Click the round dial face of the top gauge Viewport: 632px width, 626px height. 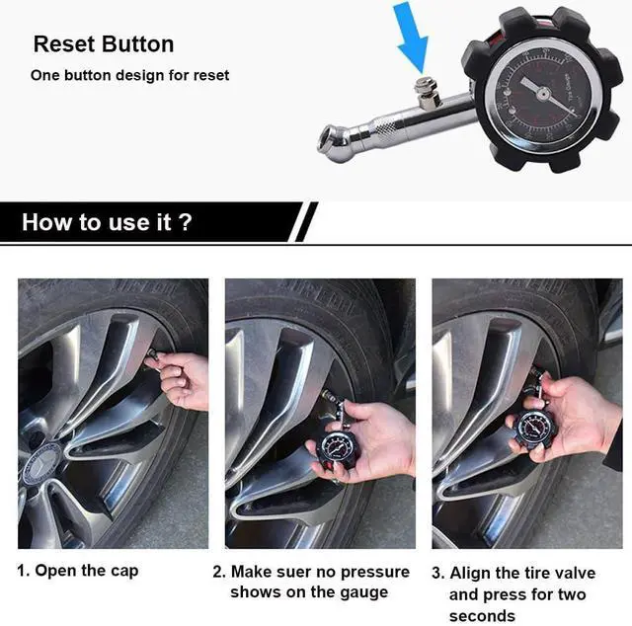pyautogui.click(x=541, y=92)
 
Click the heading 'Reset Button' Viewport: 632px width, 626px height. pyautogui.click(x=103, y=44)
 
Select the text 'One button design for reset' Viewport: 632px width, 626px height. pyautogui.click(x=129, y=75)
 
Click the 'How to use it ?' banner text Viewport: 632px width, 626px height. pyautogui.click(x=107, y=222)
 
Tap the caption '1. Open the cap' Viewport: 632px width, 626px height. pyautogui.click(x=78, y=571)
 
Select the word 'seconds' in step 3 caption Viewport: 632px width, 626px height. pyautogui.click(x=482, y=616)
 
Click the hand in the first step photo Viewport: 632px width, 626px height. pyautogui.click(x=188, y=381)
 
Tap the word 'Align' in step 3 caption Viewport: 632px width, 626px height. pyautogui.click(x=470, y=573)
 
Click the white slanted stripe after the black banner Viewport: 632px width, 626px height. pyautogui.click(x=307, y=222)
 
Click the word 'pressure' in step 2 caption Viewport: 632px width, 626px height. pyautogui.click(x=374, y=572)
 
